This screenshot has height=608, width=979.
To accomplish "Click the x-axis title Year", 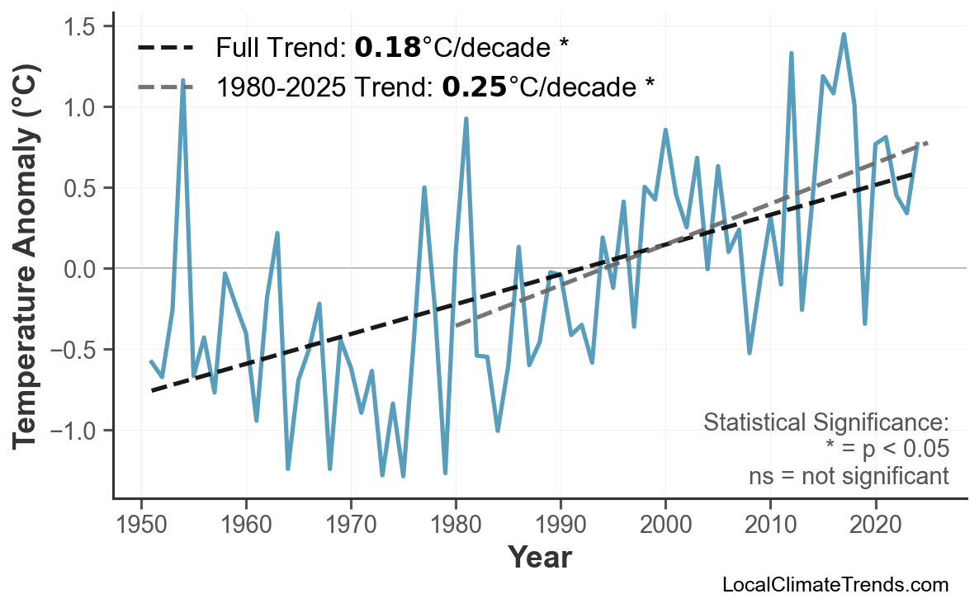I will pyautogui.click(x=539, y=558).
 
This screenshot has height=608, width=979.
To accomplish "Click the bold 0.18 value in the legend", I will pyautogui.click(x=387, y=48).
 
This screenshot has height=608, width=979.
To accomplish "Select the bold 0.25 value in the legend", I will pyautogui.click(x=474, y=86).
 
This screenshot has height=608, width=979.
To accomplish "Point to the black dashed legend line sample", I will pyautogui.click(x=165, y=48).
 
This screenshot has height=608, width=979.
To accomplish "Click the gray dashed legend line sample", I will pyautogui.click(x=165, y=86).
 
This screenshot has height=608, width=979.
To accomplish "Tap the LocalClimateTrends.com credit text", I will pyautogui.click(x=835, y=585).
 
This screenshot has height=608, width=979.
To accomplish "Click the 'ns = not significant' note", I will pyautogui.click(x=849, y=476).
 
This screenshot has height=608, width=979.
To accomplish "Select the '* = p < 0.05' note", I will pyautogui.click(x=887, y=450).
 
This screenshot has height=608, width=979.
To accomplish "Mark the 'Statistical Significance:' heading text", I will pyautogui.click(x=825, y=422).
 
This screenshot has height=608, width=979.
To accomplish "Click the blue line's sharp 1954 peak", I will pyautogui.click(x=182, y=81).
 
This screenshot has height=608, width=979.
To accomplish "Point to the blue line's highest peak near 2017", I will pyautogui.click(x=844, y=35).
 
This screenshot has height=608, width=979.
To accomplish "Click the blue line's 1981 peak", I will pyautogui.click(x=466, y=119).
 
